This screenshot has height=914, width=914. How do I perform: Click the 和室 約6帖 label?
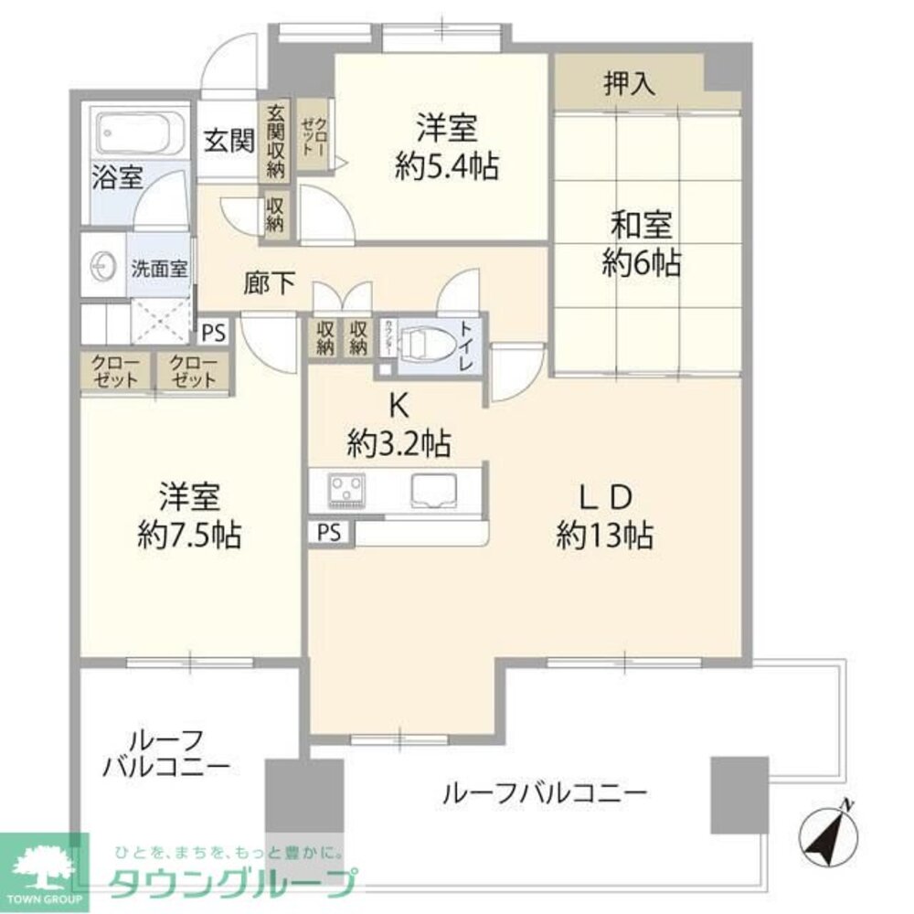tap(641, 243)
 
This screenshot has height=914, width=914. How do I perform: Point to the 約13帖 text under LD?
tap(605, 536)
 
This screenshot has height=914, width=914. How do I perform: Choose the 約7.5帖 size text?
tap(189, 536)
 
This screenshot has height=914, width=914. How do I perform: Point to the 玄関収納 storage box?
tap(276, 140)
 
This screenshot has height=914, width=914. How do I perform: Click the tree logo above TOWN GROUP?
tap(44, 865)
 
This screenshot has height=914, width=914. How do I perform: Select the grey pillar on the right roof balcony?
tap(739, 793)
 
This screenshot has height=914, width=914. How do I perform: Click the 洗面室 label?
tap(159, 270)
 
